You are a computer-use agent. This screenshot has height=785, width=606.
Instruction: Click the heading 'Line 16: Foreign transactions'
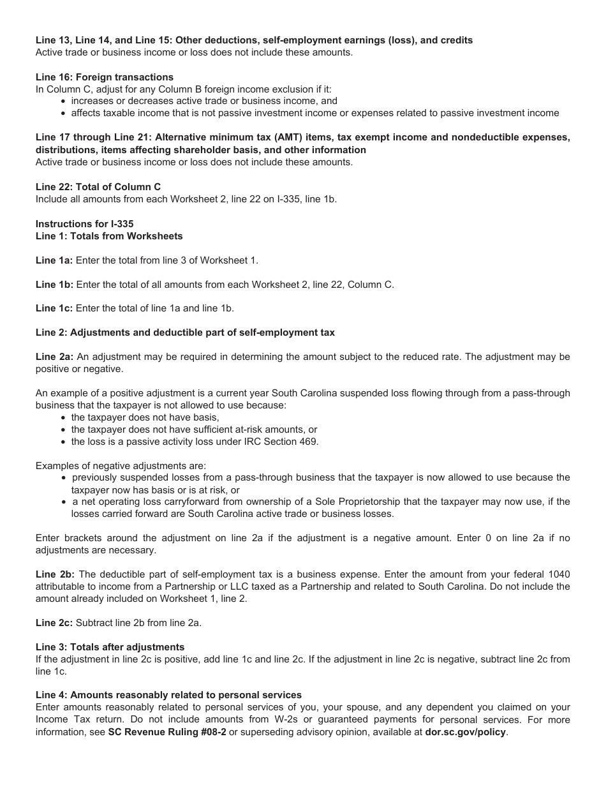pos(105,77)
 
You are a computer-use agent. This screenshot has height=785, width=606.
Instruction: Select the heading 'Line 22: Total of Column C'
pos(98,187)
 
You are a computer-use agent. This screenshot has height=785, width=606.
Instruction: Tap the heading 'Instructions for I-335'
pos(84,224)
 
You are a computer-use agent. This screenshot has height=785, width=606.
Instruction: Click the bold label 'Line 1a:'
pos(54,260)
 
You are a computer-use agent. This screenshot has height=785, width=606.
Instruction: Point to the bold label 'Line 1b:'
pos(54,285)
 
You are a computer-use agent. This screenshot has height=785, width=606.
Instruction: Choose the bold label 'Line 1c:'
pos(54,308)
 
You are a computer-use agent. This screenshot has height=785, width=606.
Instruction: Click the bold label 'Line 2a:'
pos(54,357)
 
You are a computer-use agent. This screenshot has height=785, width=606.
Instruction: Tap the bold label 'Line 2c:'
pos(54,623)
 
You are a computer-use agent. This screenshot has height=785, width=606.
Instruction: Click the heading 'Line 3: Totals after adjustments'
pos(110,647)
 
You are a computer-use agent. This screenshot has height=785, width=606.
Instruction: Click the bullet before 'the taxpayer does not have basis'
pos(64,418)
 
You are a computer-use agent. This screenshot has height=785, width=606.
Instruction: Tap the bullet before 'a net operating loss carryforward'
pos(64,502)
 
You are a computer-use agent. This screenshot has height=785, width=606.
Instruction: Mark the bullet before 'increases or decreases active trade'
pos(64,101)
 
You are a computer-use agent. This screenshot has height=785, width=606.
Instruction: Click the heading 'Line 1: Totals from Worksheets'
pos(109,236)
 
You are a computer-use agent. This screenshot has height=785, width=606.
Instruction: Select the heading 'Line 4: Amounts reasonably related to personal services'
pos(169,695)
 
